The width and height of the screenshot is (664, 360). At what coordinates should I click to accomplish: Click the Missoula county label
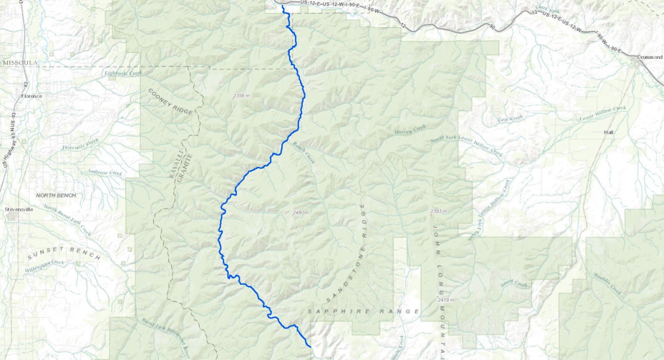pyautogui.click(x=20, y=63)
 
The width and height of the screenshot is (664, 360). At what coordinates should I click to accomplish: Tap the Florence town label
pyautogui.click(x=32, y=96)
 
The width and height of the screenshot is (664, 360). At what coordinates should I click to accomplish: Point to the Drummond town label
pyautogui.click(x=650, y=57)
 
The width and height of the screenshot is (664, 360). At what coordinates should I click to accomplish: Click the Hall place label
pyautogui.click(x=609, y=133)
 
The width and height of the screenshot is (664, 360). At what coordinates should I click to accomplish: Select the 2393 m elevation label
pyautogui.click(x=437, y=212)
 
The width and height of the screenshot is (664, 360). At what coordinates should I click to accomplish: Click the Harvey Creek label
pyautogui.click(x=410, y=131)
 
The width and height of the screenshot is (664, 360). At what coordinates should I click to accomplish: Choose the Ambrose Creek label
pyautogui.click(x=104, y=173)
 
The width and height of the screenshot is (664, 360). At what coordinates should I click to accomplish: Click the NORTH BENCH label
pyautogui.click(x=56, y=196)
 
